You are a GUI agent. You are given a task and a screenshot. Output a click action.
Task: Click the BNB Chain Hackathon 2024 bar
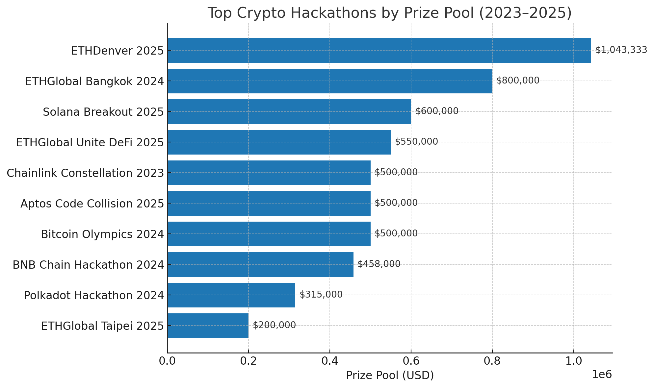(x=260, y=264)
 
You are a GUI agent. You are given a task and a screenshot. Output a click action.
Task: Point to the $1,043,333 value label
(x=621, y=50)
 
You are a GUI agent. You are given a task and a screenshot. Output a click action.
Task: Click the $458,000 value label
(x=379, y=264)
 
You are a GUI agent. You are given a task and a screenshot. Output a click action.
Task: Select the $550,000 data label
(x=416, y=142)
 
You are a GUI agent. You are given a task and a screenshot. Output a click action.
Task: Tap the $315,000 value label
(x=321, y=295)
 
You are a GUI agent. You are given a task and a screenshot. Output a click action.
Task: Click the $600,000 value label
(x=437, y=111)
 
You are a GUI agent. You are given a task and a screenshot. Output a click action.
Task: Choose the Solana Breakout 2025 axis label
(x=103, y=112)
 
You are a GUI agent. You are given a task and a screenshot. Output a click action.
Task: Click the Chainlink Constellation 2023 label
(x=85, y=173)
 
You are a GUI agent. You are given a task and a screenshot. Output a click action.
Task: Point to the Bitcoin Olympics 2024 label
(x=102, y=234)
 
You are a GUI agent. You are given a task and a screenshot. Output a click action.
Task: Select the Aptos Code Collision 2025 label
(x=92, y=204)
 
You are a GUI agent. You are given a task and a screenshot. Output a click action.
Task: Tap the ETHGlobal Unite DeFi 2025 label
(x=90, y=143)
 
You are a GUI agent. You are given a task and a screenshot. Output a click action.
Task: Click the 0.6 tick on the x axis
(x=411, y=361)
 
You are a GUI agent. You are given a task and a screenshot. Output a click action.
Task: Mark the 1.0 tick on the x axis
(x=573, y=361)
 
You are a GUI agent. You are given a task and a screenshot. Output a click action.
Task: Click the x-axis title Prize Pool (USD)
(x=390, y=375)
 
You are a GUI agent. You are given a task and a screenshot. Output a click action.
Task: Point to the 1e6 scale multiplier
(x=602, y=375)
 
